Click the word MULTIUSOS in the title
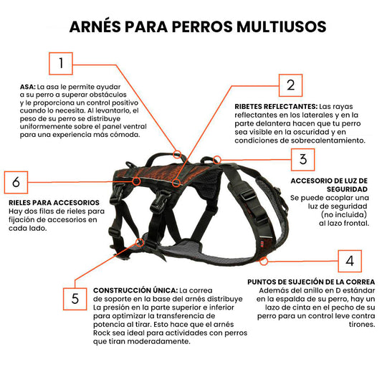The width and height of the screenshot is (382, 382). pyautogui.click(x=282, y=27)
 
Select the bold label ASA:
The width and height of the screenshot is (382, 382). pyautogui.click(x=28, y=87)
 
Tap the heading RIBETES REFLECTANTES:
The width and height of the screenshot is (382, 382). pyautogui.click(x=276, y=107)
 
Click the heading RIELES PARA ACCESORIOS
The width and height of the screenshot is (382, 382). pyautogui.click(x=54, y=203)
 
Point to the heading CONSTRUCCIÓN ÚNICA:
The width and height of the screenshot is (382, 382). pyautogui.click(x=135, y=290)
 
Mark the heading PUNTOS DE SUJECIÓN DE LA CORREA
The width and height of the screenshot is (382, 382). pyautogui.click(x=311, y=282)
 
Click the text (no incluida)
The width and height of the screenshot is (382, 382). pyautogui.click(x=344, y=214)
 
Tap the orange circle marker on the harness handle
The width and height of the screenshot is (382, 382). pyautogui.click(x=177, y=155)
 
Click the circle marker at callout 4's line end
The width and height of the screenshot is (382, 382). pyautogui.click(x=263, y=262)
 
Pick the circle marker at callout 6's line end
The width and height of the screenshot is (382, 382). pyautogui.click(x=137, y=181)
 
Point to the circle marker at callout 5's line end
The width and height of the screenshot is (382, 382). pyautogui.click(x=140, y=242)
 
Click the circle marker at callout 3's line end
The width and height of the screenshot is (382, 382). pyautogui.click(x=217, y=160)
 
